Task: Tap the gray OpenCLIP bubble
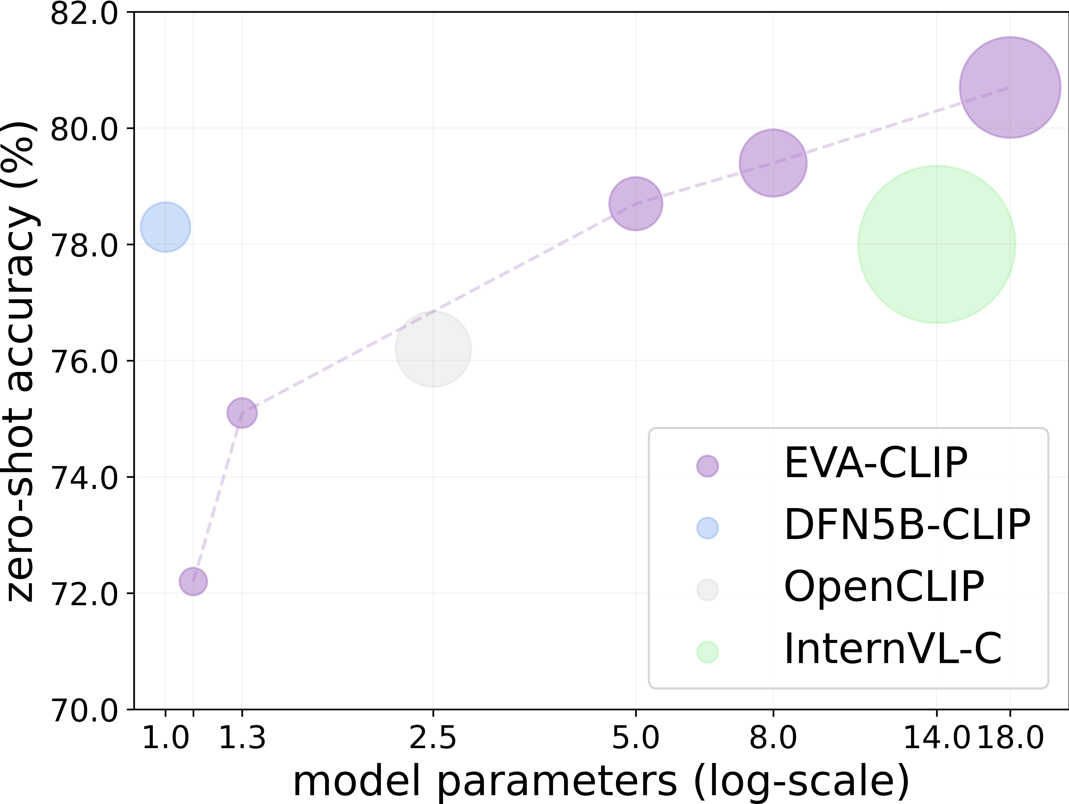pos(433,349)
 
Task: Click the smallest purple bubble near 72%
pos(193,581)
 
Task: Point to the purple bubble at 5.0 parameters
pos(636,204)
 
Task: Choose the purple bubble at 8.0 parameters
pos(773,163)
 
